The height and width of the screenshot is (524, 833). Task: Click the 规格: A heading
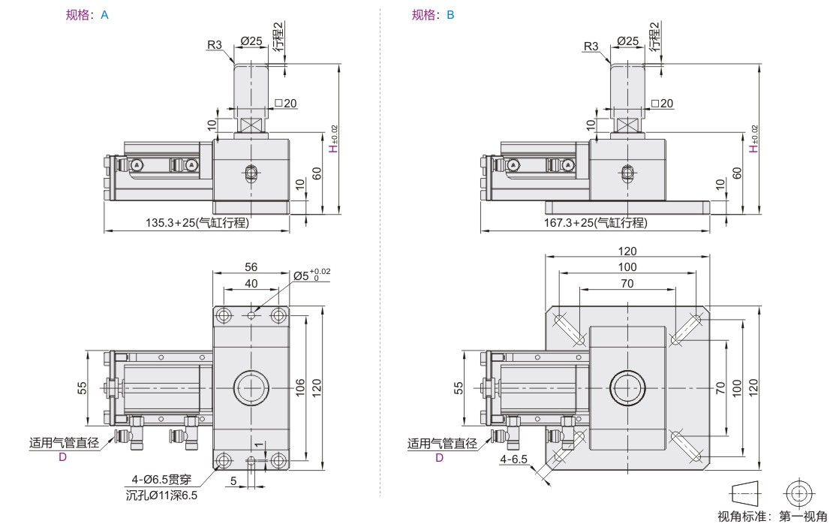point(87,15)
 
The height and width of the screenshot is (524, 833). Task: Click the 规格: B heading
point(433,15)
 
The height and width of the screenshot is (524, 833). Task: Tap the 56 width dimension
point(251,267)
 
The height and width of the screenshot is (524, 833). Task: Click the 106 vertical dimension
point(299,387)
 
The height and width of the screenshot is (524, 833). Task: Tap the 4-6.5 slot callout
point(514,459)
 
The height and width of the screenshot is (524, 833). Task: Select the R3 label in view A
point(215,45)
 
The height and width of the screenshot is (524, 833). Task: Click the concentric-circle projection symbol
point(798,492)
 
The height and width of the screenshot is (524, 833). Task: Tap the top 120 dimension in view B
point(627,251)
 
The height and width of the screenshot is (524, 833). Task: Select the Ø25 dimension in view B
point(627,41)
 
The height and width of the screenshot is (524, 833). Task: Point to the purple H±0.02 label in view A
point(334,139)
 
